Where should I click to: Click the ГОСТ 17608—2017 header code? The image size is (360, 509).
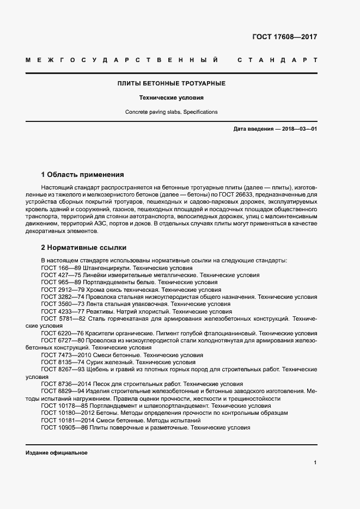pyautogui.click(x=284, y=38)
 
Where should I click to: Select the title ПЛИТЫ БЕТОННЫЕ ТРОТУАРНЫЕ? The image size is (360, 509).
pyautogui.click(x=172, y=83)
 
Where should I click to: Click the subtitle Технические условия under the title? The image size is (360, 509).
pyautogui.click(x=172, y=99)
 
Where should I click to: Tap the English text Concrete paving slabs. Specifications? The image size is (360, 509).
pyautogui.click(x=172, y=112)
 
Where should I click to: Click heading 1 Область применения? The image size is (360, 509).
pyautogui.click(x=83, y=175)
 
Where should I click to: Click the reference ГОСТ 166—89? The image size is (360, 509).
pyautogui.click(x=60, y=268)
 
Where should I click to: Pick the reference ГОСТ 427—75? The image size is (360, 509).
pyautogui.click(x=60, y=275)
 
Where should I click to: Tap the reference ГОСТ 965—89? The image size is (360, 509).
pyautogui.click(x=60, y=283)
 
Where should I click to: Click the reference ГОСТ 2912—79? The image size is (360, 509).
pyautogui.click(x=62, y=290)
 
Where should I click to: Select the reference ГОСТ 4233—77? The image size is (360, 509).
pyautogui.click(x=62, y=311)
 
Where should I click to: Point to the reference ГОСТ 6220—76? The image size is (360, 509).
pyautogui.click(x=62, y=333)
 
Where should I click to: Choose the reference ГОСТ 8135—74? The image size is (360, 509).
pyautogui.click(x=62, y=362)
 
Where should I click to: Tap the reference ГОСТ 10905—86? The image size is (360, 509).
pyautogui.click(x=64, y=428)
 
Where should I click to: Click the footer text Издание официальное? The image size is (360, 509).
pyautogui.click(x=56, y=453)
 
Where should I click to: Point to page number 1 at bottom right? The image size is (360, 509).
pyautogui.click(x=315, y=463)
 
